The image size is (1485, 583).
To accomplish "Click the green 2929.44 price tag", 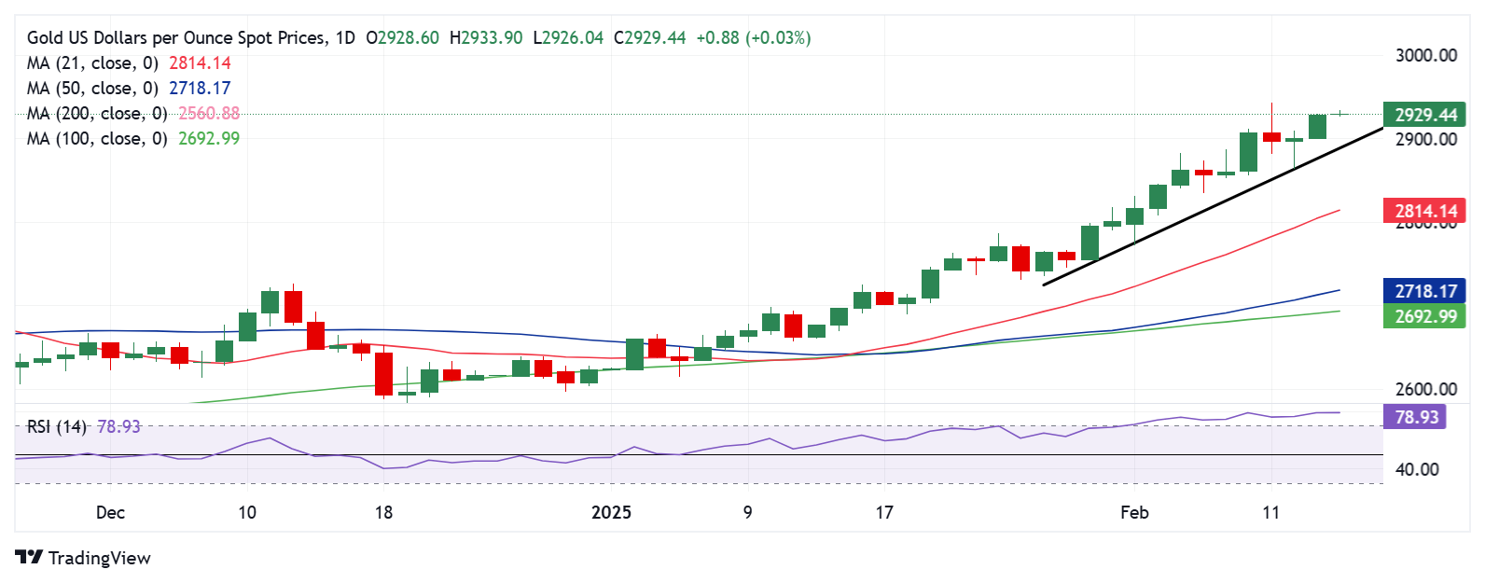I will click(1424, 115).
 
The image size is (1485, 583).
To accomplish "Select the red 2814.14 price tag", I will click(1424, 211).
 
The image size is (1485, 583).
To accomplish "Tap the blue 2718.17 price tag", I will click(1424, 291).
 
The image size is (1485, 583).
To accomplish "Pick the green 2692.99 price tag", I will click(1424, 316).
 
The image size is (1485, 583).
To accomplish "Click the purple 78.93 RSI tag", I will click(1416, 417).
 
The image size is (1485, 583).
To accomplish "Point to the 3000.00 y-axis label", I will click(1425, 55).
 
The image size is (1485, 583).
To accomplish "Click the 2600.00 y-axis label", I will click(1425, 389).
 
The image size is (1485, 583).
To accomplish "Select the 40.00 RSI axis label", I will click(1416, 469).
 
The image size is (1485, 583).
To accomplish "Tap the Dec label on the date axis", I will click(110, 512).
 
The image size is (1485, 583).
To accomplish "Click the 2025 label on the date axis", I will click(611, 512).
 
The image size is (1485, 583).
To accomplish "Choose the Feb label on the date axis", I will click(1134, 512).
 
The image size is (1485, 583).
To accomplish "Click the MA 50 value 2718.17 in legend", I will click(200, 88).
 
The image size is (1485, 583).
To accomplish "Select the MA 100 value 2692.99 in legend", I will click(209, 138).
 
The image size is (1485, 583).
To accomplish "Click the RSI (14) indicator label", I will click(57, 426).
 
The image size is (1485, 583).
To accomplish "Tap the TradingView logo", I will click(83, 558).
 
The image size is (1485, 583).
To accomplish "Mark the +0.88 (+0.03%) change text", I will click(753, 37).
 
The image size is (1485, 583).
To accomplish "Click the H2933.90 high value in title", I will click(485, 37).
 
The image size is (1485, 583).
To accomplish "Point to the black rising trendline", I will click(1213, 206).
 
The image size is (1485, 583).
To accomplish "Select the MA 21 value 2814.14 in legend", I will click(200, 62).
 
